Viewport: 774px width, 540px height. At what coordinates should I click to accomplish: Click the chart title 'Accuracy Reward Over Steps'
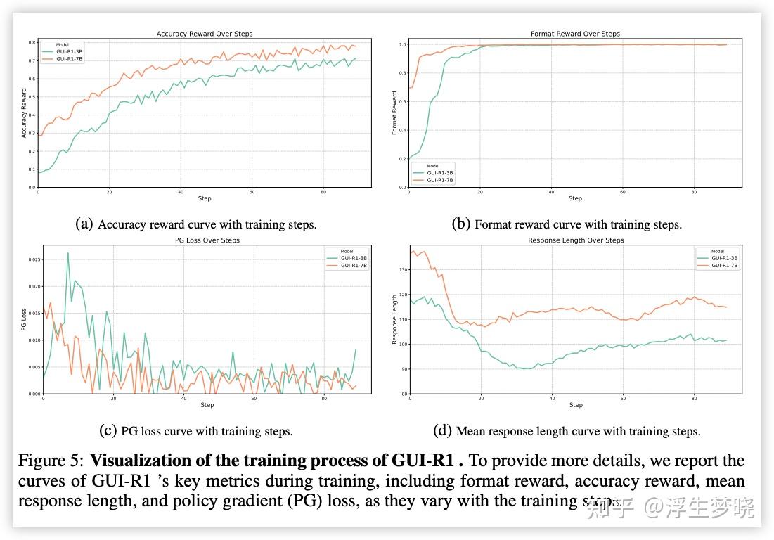(205, 34)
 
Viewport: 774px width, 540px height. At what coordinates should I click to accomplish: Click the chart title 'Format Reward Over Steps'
(575, 34)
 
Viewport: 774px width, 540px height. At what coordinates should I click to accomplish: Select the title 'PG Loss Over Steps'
(207, 240)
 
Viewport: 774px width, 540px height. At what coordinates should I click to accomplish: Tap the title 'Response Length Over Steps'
(576, 240)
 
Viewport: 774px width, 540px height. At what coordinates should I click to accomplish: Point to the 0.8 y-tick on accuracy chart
(32, 43)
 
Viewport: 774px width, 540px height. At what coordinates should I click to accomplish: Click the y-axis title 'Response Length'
(394, 319)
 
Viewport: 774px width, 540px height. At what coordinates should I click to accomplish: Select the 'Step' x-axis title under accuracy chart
(205, 198)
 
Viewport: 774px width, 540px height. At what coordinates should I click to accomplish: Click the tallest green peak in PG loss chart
(67, 253)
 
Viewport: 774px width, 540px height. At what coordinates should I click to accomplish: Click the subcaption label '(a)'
(84, 224)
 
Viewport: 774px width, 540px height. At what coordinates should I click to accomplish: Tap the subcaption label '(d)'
(443, 431)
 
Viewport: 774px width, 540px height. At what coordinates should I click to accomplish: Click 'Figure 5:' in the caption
(51, 461)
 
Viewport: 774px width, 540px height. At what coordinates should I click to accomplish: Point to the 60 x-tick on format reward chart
(623, 191)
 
